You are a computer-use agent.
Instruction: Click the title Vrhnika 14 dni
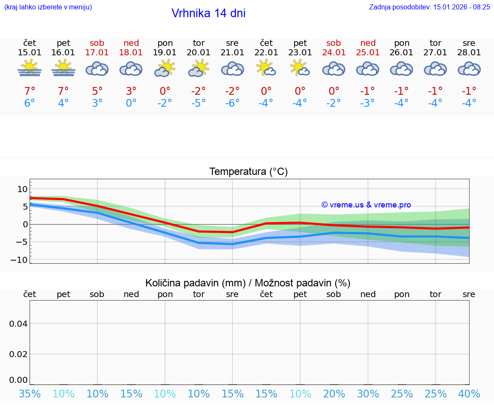(x=208, y=13)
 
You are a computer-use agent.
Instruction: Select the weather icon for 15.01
(x=30, y=68)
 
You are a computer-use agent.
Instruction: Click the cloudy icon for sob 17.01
(x=97, y=69)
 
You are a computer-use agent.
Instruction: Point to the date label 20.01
(x=199, y=53)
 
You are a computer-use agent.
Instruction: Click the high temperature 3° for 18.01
(x=131, y=91)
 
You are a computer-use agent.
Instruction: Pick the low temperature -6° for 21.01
(x=232, y=103)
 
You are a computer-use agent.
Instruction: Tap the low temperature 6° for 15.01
(x=30, y=103)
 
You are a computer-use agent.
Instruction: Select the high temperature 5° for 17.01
(x=97, y=91)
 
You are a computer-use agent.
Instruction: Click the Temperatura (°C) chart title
(x=248, y=172)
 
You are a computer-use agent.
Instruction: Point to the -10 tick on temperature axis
(x=20, y=260)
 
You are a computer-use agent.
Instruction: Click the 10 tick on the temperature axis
(x=22, y=189)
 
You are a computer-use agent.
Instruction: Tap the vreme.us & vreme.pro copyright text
(x=366, y=205)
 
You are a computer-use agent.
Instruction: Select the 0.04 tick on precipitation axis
(x=18, y=323)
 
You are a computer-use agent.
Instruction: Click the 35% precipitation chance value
(x=30, y=394)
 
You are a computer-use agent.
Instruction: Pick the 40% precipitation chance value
(x=469, y=394)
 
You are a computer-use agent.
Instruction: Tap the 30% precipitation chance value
(x=367, y=394)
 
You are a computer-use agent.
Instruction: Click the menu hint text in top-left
(x=48, y=7)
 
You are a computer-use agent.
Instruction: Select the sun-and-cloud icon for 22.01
(x=266, y=68)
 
